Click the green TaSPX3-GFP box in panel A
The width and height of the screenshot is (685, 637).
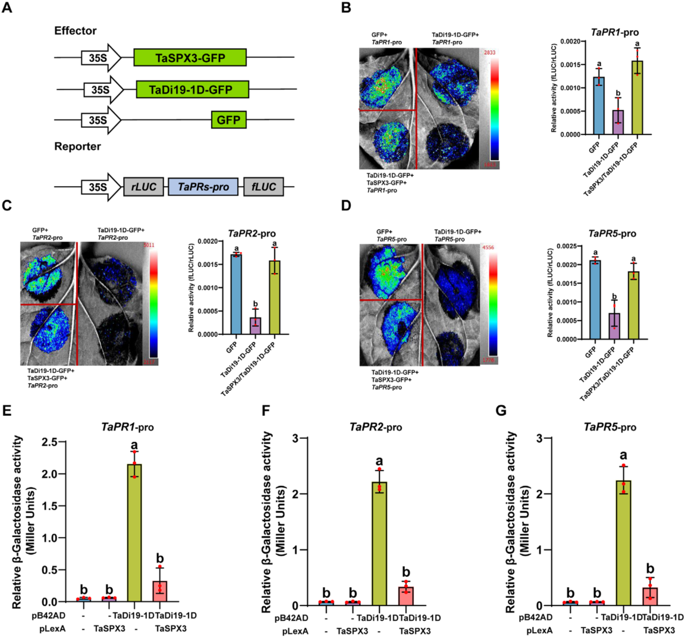click(x=190, y=58)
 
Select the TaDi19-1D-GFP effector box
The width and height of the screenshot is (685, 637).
click(x=191, y=90)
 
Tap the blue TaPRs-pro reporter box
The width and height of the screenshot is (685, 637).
click(x=203, y=187)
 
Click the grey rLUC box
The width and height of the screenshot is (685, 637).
click(x=143, y=187)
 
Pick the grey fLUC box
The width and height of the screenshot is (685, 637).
click(x=263, y=187)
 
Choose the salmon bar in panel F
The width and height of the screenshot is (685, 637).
click(x=406, y=595)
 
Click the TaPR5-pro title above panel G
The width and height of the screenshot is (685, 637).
click(x=609, y=427)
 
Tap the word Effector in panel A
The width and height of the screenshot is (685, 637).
click(x=75, y=30)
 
